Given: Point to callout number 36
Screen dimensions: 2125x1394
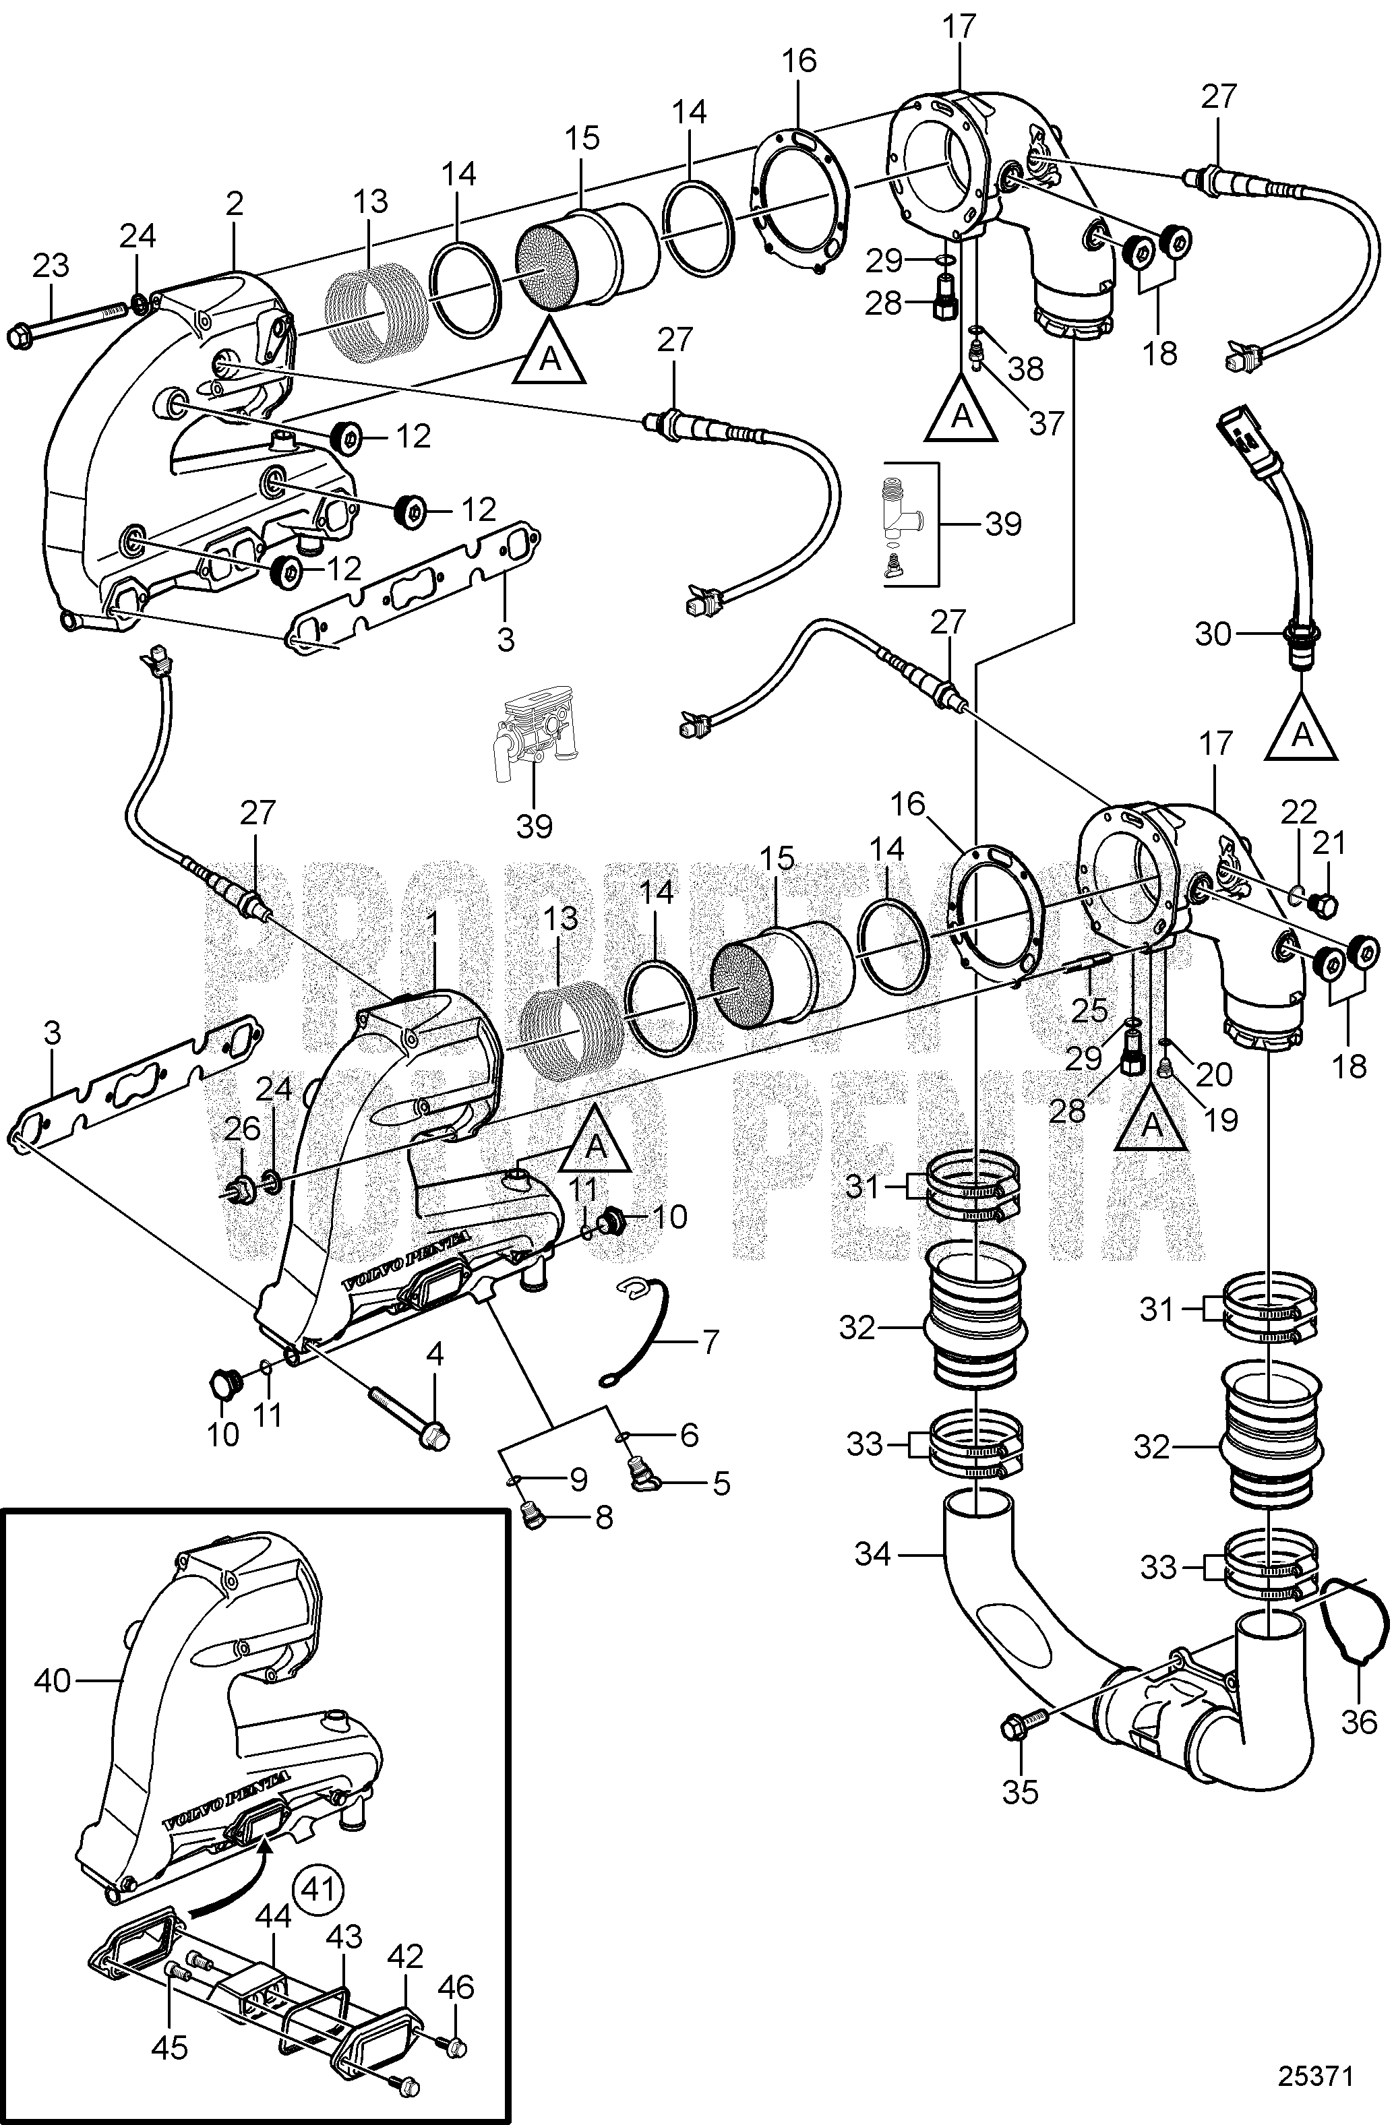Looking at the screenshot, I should [x=1359, y=1721].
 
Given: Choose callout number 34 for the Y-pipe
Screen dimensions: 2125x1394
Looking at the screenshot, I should [x=872, y=1554].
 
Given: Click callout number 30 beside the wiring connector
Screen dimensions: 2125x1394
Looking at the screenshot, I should [x=1213, y=634].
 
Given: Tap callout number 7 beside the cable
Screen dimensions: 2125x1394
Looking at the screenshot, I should [x=711, y=1341].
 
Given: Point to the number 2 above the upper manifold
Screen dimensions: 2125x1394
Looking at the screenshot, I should [x=234, y=204].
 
